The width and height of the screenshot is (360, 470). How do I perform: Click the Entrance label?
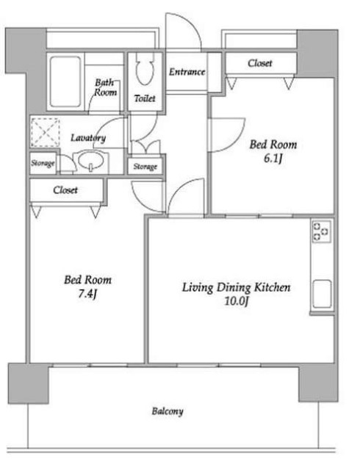click(x=187, y=72)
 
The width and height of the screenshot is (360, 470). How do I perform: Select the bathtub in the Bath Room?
click(x=65, y=82)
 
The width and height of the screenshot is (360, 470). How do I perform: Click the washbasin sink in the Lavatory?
click(x=90, y=160)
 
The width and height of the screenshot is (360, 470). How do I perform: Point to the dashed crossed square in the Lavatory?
click(x=46, y=132)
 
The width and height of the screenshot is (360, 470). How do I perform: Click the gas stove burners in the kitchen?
click(x=321, y=231)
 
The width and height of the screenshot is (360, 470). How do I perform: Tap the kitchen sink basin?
click(x=322, y=294)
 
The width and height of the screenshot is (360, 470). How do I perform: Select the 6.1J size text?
click(x=273, y=159)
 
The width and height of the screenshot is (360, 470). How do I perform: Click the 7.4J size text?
click(x=87, y=294)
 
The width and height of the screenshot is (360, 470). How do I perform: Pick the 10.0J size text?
click(x=237, y=301)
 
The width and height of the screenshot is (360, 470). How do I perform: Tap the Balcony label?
click(x=168, y=411)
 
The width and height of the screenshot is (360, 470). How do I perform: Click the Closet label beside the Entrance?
click(x=260, y=63)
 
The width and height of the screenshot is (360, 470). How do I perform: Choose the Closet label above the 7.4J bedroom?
click(x=65, y=190)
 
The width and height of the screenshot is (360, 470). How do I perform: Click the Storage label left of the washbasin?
click(x=43, y=163)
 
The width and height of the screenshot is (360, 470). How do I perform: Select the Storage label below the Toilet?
click(x=145, y=167)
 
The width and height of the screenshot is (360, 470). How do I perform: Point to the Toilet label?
click(x=145, y=98)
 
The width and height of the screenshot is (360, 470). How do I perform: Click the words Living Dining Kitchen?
click(x=237, y=287)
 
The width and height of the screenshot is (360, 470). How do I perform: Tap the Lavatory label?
click(x=88, y=138)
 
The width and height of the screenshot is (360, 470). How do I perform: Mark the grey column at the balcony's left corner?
click(x=29, y=383)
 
